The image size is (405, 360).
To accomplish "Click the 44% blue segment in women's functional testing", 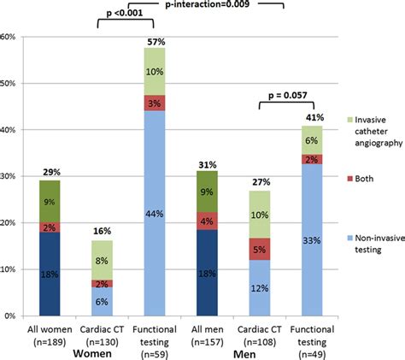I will (155, 213).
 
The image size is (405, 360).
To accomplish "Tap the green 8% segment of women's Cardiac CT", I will (102, 259).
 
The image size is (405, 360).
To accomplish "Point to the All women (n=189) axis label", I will (49, 332).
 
